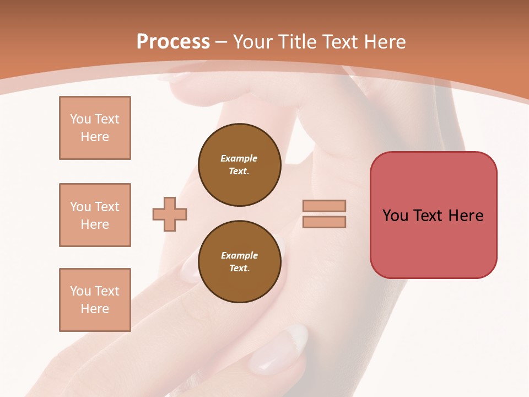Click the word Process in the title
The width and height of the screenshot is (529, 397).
(x=173, y=42)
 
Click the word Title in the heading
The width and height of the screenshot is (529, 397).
(x=296, y=42)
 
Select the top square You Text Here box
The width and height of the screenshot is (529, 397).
(x=95, y=128)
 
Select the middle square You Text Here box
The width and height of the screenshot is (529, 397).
(x=95, y=215)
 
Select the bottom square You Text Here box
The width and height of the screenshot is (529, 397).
(x=95, y=300)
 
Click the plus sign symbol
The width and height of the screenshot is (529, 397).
(x=170, y=214)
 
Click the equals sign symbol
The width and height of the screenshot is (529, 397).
(x=324, y=214)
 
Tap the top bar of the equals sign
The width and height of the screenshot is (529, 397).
(x=324, y=206)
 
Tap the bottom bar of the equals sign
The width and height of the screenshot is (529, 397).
(x=324, y=222)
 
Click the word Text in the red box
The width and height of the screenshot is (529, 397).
(x=428, y=216)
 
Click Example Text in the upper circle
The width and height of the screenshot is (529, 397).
(x=239, y=165)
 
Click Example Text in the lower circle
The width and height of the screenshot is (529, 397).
(x=239, y=262)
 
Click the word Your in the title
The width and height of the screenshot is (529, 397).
(x=252, y=42)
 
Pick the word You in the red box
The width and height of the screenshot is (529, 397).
(x=395, y=216)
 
